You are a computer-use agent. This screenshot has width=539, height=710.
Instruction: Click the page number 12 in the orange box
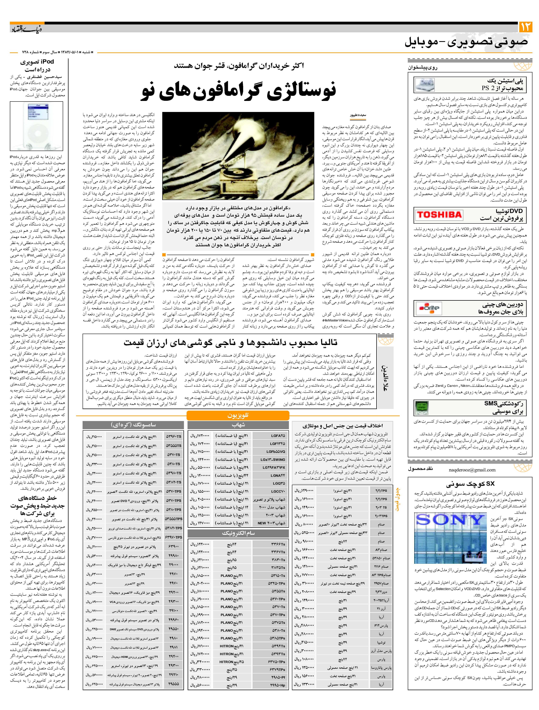coord(525,27)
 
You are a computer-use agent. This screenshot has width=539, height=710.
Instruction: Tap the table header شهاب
coord(238,425)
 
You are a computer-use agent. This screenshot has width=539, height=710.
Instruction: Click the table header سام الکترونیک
coord(238,533)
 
